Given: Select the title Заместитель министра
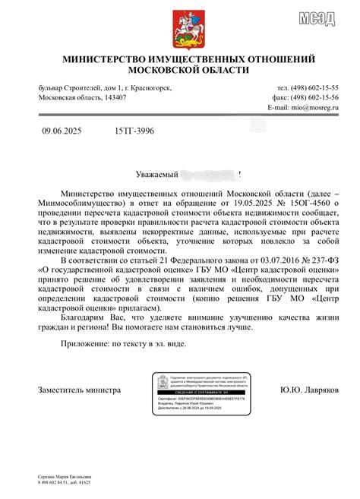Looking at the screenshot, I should pos(80,390).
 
